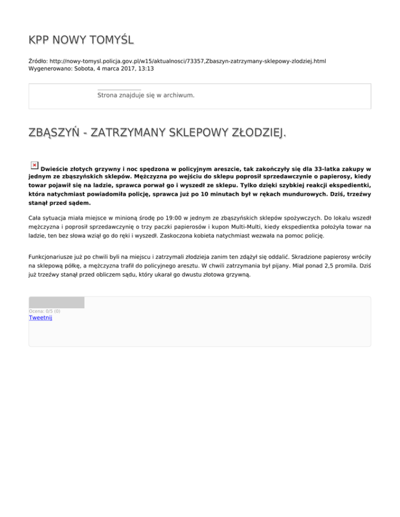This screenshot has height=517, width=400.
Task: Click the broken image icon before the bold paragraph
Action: [34, 165]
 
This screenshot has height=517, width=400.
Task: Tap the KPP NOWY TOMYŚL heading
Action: [81, 40]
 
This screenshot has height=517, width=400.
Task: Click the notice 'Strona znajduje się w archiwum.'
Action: [146, 95]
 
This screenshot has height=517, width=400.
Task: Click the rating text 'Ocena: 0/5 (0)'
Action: [44, 311]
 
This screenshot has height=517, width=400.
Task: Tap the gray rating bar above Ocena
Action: [56, 302]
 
